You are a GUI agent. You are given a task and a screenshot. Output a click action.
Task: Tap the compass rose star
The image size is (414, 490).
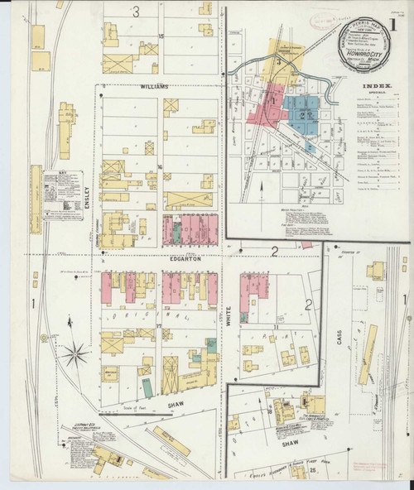point(75,355)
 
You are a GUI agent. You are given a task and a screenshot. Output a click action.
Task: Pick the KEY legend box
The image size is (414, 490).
point(64,195)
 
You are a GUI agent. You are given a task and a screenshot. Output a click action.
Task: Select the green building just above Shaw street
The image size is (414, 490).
point(147,387)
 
